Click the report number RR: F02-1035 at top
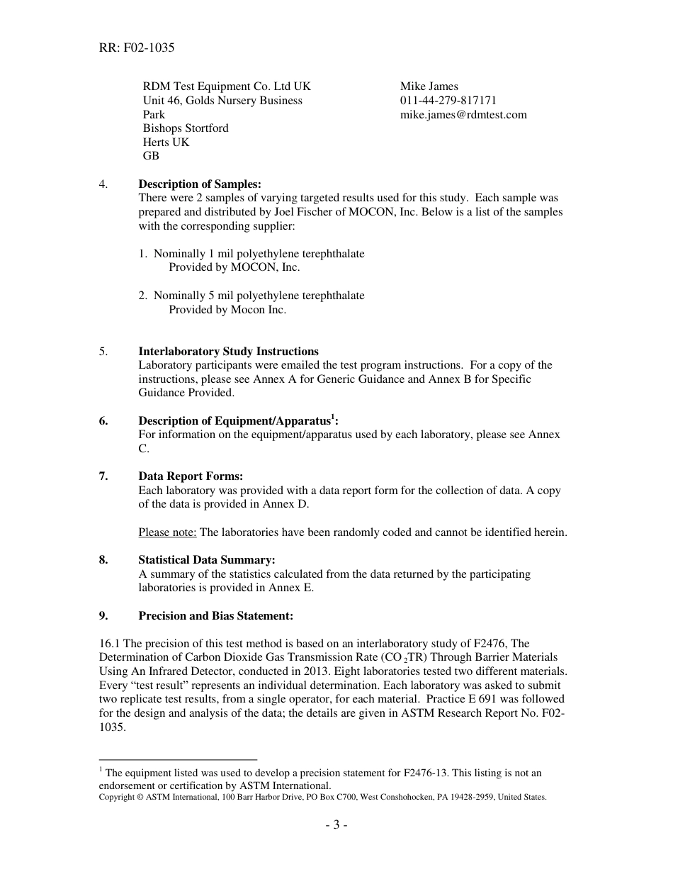pyautogui.click(x=137, y=48)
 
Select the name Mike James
pyautogui.click(x=429, y=86)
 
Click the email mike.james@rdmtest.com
pyautogui.click(x=463, y=115)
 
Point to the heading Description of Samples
pyautogui.click(x=200, y=185)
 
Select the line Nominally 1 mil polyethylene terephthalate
pyautogui.click(x=259, y=254)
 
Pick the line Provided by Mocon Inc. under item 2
pyautogui.click(x=227, y=310)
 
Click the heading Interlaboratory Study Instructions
pyautogui.click(x=228, y=352)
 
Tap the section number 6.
pyautogui.click(x=103, y=421)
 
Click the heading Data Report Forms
pyautogui.click(x=191, y=476)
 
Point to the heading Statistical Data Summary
pyautogui.click(x=206, y=560)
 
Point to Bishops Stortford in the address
pyautogui.click(x=186, y=128)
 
